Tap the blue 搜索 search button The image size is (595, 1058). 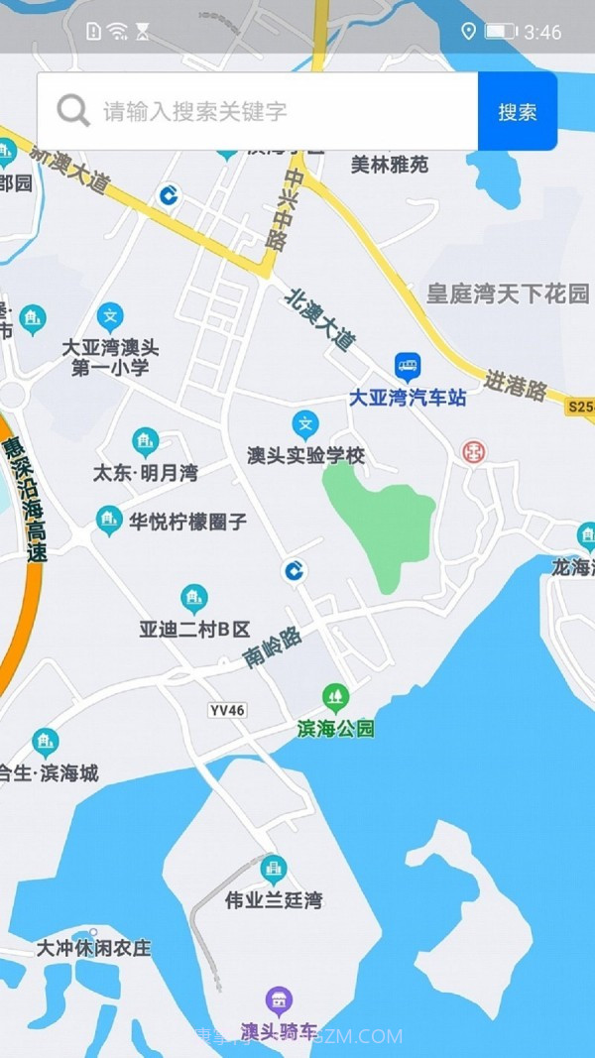click(517, 112)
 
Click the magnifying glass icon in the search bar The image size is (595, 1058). click(73, 110)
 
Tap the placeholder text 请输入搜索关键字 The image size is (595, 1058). click(194, 111)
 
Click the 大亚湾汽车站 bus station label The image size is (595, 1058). click(408, 398)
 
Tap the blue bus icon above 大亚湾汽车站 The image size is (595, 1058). click(408, 367)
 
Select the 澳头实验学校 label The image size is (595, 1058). click(306, 456)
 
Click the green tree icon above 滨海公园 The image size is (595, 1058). click(336, 697)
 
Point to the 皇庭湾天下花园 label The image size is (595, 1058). click(508, 294)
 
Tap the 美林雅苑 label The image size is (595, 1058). click(390, 165)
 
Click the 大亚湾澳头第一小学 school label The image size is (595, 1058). click(110, 358)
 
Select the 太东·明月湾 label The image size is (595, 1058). click(145, 473)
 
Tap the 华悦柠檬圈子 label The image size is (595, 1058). click(187, 522)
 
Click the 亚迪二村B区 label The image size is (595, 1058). click(194, 629)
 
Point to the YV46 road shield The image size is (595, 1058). click(227, 710)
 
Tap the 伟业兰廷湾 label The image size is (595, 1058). click(273, 900)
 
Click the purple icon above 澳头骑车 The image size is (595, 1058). click(280, 999)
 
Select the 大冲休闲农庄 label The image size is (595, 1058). click(94, 948)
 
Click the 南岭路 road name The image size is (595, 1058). click(273, 648)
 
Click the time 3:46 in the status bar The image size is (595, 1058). click(542, 33)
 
